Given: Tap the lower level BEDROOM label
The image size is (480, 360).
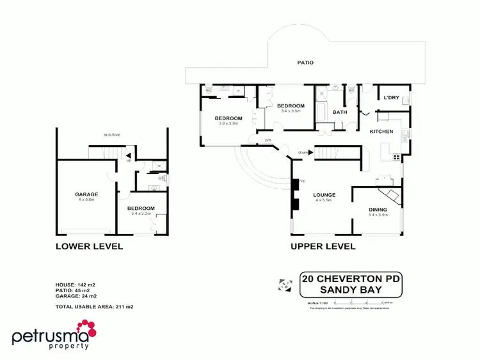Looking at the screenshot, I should point(141,208).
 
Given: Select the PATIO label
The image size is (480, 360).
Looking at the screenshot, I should point(305,63).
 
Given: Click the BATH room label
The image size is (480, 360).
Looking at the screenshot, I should point(339,112).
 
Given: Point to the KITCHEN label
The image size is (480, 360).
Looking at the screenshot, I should point(382,131).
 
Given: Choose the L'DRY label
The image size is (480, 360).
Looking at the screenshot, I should point(391,98).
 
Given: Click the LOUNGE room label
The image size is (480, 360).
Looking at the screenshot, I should point(325,195).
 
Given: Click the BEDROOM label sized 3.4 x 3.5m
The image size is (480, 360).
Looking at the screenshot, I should point(291,106).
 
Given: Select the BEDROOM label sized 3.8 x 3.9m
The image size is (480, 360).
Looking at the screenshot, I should point(228,118).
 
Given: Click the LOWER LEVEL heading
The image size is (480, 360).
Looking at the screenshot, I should point(89,246).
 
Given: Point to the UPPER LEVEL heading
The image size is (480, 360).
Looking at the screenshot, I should point(323,246).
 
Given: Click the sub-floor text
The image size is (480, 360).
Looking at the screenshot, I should point(113,135).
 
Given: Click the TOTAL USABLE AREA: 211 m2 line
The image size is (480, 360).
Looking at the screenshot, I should point(95,307).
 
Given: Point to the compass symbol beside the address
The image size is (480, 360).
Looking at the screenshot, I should point(284,284).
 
